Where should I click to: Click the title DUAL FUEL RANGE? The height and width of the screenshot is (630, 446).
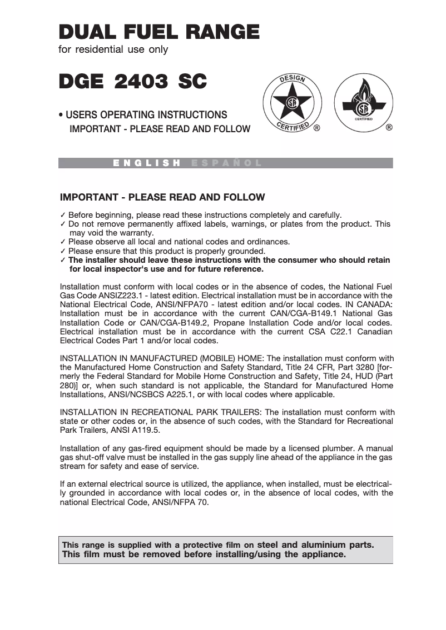tap(158, 32)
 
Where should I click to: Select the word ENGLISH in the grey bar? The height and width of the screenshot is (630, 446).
tap(147, 163)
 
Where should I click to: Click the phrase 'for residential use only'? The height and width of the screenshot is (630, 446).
tap(113, 50)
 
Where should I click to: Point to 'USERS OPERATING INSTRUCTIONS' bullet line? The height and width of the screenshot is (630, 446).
tap(146, 115)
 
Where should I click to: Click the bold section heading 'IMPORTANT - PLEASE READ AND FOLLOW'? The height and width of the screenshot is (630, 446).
tap(162, 198)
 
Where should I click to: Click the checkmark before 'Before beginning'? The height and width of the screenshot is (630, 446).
tap(63, 215)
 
